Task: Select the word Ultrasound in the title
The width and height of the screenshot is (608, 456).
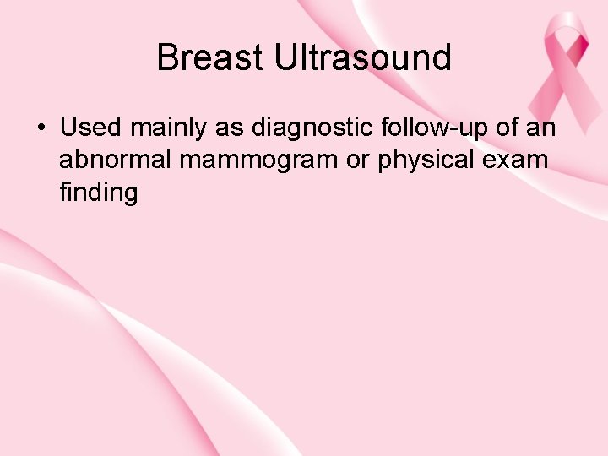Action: point(362,58)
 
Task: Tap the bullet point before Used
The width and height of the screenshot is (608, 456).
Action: point(40,128)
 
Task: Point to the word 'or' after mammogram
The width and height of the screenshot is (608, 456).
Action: point(358,160)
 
